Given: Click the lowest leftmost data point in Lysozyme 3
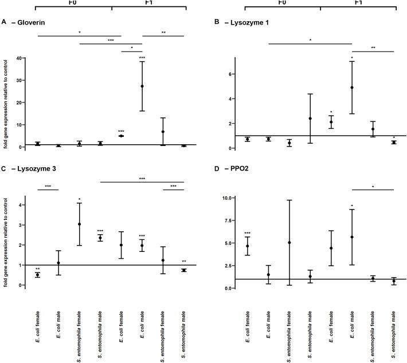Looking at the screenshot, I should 37,275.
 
